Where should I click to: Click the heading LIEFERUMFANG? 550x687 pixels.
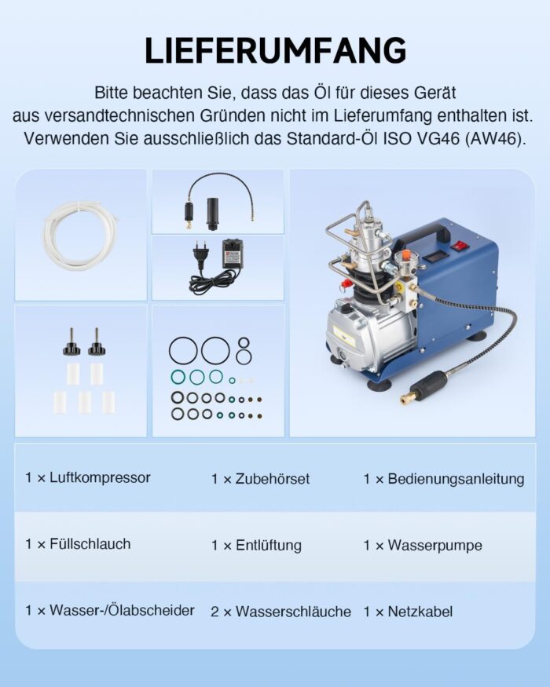(x=275, y=50)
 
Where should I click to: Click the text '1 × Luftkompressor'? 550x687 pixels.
(x=87, y=477)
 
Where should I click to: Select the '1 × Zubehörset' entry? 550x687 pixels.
(x=260, y=478)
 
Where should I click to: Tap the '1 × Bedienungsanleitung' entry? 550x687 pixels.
(x=444, y=478)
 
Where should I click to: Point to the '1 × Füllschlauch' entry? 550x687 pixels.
(x=78, y=544)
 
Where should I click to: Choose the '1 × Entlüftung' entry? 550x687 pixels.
(x=256, y=545)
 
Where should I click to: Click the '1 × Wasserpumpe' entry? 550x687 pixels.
(x=423, y=545)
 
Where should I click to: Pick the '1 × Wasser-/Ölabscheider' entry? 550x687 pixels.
(x=109, y=610)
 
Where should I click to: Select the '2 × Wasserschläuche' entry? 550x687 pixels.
(x=280, y=612)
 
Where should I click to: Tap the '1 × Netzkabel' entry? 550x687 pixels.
(x=408, y=612)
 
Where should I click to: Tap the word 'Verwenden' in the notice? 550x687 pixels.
(x=61, y=138)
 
